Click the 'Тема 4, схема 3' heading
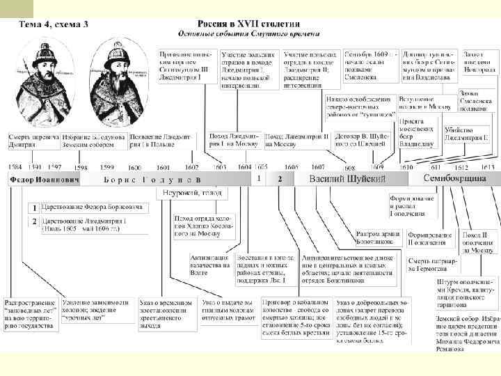[x=54, y=25]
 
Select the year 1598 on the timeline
[x=81, y=167]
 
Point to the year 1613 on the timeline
[x=486, y=167]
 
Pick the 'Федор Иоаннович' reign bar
[x=44, y=180]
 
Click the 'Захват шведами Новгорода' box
[x=478, y=63]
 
